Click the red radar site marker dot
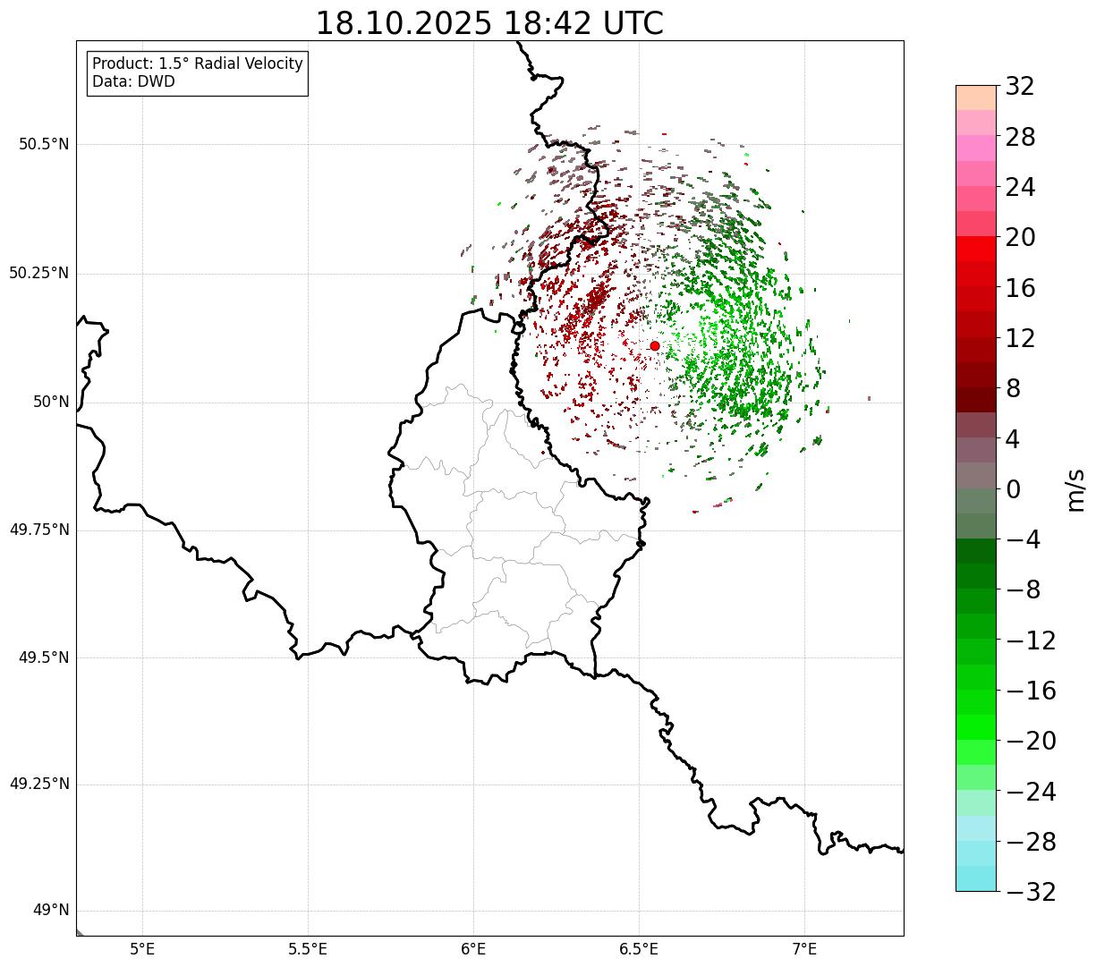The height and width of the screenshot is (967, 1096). click(x=654, y=345)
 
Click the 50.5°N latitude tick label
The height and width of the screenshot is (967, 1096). click(x=44, y=144)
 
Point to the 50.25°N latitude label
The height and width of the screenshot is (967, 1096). click(x=38, y=273)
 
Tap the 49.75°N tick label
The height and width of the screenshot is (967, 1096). click(x=38, y=530)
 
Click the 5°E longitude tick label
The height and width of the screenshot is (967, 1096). click(x=142, y=949)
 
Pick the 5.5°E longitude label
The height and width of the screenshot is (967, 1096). click(x=308, y=949)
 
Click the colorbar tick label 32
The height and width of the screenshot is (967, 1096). click(x=1020, y=87)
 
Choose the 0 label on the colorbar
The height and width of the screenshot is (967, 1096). click(x=1014, y=489)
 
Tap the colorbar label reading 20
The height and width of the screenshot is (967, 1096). click(x=1020, y=238)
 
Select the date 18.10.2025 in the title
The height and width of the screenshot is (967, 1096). click(x=404, y=24)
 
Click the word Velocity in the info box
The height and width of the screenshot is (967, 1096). click(x=268, y=64)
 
